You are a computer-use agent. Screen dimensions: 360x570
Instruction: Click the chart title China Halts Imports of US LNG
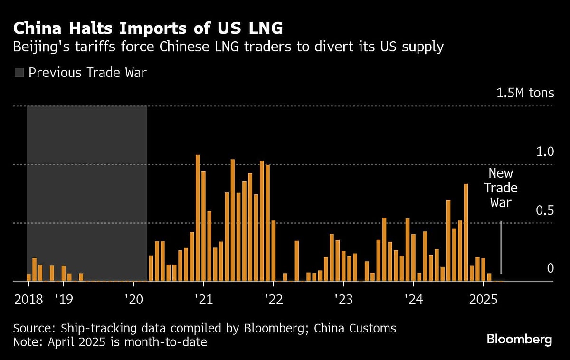click(148, 28)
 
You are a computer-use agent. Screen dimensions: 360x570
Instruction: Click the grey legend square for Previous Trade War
click(19, 73)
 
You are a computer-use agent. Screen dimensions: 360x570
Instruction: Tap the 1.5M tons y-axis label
click(525, 93)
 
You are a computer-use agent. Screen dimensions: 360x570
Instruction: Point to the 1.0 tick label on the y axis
click(544, 152)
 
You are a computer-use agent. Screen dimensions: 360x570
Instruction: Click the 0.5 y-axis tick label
click(544, 210)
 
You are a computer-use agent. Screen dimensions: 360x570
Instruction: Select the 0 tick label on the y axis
click(550, 268)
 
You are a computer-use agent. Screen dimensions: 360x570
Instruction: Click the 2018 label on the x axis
click(28, 299)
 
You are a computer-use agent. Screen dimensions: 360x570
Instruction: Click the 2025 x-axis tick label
click(483, 299)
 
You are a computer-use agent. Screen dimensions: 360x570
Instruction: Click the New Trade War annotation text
click(501, 188)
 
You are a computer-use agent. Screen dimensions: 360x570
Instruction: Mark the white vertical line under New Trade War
click(501, 247)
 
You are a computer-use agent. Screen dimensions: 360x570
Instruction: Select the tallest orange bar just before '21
click(198, 218)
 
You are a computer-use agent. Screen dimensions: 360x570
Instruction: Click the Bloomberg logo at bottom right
click(519, 339)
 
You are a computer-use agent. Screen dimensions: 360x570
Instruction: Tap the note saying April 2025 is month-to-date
click(110, 342)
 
